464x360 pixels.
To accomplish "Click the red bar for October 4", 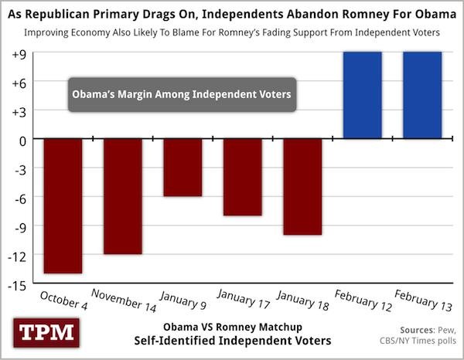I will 63,205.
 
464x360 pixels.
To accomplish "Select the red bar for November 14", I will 123,196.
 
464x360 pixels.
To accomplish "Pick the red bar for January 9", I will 183,168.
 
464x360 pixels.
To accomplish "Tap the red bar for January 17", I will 243,177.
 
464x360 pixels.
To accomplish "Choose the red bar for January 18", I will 302,187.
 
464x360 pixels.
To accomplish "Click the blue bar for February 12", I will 363,96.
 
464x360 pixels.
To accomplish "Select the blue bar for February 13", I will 422,96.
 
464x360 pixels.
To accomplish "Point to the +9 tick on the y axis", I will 16,53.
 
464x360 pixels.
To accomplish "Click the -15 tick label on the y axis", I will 16,284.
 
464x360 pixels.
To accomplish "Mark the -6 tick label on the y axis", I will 18,198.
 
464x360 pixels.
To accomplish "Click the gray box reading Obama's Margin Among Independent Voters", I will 181,94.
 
